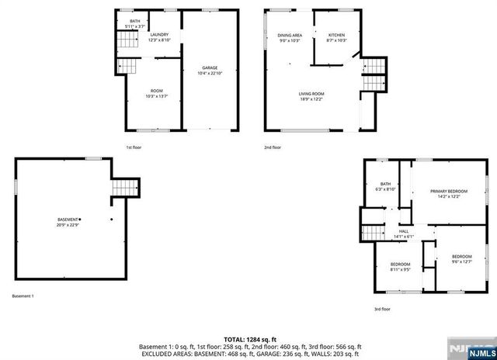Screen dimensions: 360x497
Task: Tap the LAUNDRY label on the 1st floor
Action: click(x=159, y=35)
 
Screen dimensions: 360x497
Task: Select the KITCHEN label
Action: click(x=336, y=36)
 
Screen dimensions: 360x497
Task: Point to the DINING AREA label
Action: click(x=289, y=36)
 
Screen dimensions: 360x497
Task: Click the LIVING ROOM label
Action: click(x=311, y=94)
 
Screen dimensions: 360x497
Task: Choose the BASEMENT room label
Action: click(x=68, y=220)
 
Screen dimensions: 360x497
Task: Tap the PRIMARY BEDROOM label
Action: click(x=449, y=191)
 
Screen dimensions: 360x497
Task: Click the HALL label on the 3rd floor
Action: click(x=404, y=230)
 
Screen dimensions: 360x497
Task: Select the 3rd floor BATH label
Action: click(x=386, y=184)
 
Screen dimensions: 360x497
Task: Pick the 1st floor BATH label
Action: click(x=135, y=21)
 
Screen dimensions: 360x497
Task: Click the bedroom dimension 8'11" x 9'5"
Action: click(x=401, y=271)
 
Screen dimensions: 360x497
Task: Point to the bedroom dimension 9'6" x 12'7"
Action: click(x=462, y=261)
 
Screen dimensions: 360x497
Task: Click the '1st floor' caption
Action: click(x=134, y=147)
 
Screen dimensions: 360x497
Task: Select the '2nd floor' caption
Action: click(x=273, y=147)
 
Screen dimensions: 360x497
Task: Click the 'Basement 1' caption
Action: click(x=23, y=296)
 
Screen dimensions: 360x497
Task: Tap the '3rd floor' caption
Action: click(x=382, y=309)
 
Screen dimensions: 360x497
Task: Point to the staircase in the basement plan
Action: click(x=125, y=189)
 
